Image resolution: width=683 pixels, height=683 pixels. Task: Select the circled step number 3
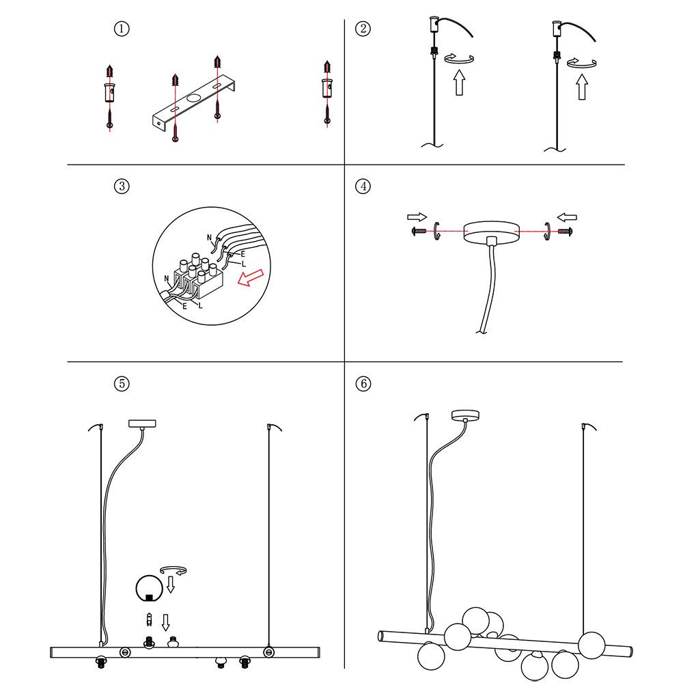pos(121,186)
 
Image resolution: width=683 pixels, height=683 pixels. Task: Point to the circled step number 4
pos(363,186)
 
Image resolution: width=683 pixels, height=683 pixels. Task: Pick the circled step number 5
pos(121,383)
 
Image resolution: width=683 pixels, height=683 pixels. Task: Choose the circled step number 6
pos(363,383)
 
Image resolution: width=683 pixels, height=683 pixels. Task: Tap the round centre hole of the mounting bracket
pos(195,100)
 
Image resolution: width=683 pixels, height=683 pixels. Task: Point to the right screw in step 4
pos(566,232)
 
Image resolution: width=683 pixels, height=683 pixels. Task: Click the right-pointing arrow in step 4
pos(415,217)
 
